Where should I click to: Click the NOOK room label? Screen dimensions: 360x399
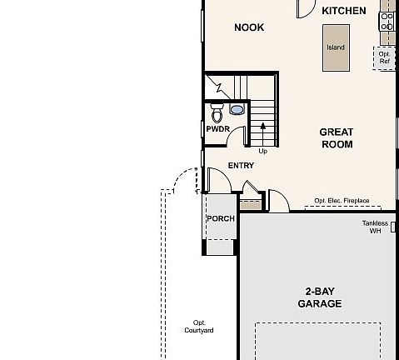[x=248, y=27]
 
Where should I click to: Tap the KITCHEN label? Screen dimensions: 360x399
[x=343, y=11]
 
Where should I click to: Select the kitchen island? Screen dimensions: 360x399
[x=335, y=47]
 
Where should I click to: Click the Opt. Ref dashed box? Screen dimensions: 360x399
[x=384, y=58]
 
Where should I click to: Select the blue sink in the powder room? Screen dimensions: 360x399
[x=237, y=109]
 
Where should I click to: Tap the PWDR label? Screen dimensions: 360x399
[x=217, y=129]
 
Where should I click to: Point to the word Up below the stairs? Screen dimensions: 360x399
[x=262, y=151]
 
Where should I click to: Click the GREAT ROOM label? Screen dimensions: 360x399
[x=337, y=138]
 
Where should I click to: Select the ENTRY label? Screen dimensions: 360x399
[x=241, y=165]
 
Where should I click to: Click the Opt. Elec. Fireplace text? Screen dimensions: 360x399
[x=342, y=201]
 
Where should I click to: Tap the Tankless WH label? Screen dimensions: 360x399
[x=375, y=227]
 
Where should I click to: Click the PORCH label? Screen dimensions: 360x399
[x=220, y=218]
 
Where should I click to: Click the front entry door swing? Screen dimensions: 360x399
[x=217, y=179]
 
